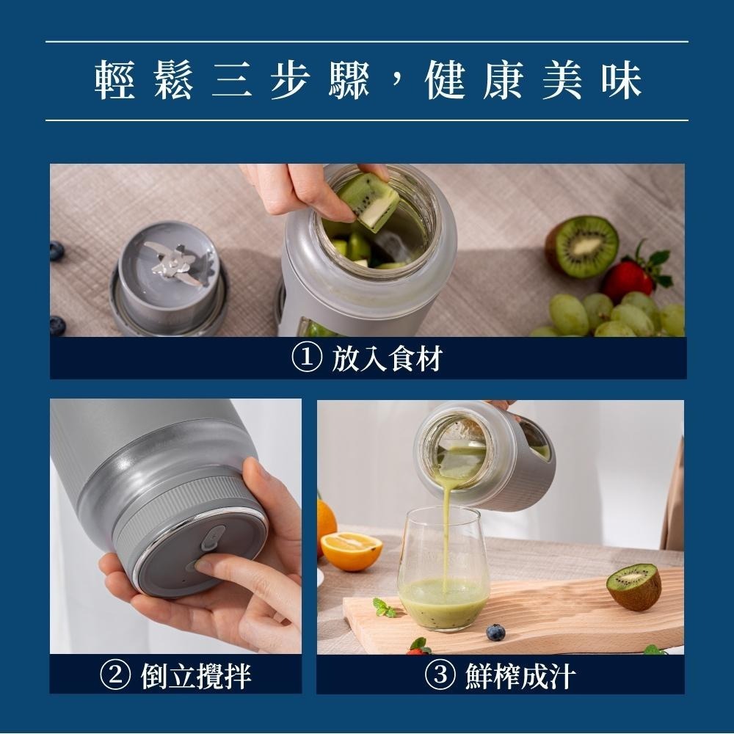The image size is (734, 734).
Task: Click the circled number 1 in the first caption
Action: pyautogui.click(x=305, y=360)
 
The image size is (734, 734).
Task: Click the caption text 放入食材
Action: pyautogui.click(x=386, y=360)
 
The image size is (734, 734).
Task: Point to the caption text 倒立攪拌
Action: pyautogui.click(x=195, y=675)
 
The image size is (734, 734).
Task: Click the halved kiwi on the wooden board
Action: pyautogui.click(x=633, y=585)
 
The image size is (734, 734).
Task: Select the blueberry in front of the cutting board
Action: pyautogui.click(x=495, y=632)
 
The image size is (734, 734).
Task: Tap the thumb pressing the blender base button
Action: pyautogui.click(x=221, y=570)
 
